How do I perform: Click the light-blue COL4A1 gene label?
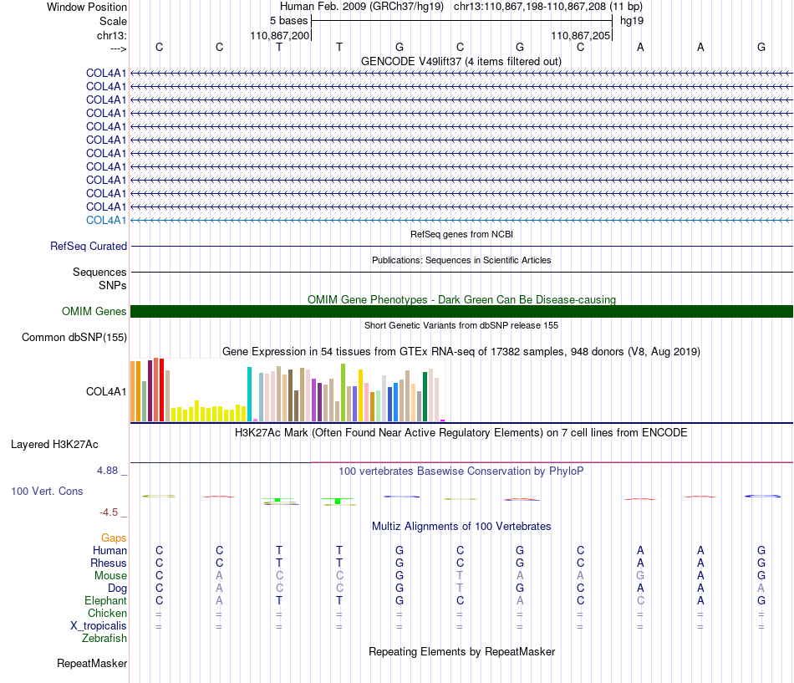click(x=106, y=221)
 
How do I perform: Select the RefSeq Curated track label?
click(x=89, y=247)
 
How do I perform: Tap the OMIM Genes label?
click(x=94, y=312)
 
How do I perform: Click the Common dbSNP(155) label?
click(x=74, y=338)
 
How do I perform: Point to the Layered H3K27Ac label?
click(x=54, y=445)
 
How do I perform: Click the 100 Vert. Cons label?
click(x=47, y=491)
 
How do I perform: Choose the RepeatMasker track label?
click(x=92, y=663)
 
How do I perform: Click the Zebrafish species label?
click(x=104, y=639)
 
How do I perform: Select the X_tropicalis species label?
click(x=99, y=626)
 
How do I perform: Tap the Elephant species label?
click(x=106, y=600)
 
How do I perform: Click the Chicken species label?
click(x=107, y=613)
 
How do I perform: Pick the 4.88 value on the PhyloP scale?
click(x=107, y=471)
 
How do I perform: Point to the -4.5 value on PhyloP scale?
click(x=109, y=512)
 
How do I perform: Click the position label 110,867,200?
click(x=279, y=35)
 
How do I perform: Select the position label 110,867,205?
click(x=580, y=35)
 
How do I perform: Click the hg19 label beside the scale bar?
click(x=632, y=21)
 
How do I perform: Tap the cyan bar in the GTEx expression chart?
click(x=249, y=395)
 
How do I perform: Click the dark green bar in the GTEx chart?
click(x=425, y=397)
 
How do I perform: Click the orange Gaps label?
click(x=114, y=538)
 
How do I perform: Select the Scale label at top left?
click(x=113, y=21)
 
